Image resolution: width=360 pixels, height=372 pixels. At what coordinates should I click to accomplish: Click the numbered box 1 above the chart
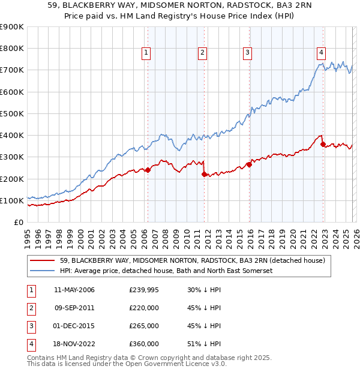[x=146, y=53]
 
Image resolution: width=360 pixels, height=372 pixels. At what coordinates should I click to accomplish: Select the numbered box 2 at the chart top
[x=203, y=53]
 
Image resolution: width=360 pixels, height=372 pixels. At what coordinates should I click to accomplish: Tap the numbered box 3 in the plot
[x=247, y=53]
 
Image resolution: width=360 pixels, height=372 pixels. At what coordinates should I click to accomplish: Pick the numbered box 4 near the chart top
[x=322, y=53]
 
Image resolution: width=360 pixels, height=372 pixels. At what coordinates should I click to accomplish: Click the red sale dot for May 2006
[x=148, y=170]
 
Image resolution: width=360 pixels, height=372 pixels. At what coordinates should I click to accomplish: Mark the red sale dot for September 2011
[x=204, y=174]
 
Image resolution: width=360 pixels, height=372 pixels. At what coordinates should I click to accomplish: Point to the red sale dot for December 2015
[x=249, y=164]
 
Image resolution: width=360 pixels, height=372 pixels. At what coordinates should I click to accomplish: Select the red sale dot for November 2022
[x=323, y=144]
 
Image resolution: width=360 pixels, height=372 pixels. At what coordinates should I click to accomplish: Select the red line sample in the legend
[x=44, y=260]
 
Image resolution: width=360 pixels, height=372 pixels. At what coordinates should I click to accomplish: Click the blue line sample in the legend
[x=44, y=271]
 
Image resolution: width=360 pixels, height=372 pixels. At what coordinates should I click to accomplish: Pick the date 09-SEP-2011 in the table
[x=74, y=308]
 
